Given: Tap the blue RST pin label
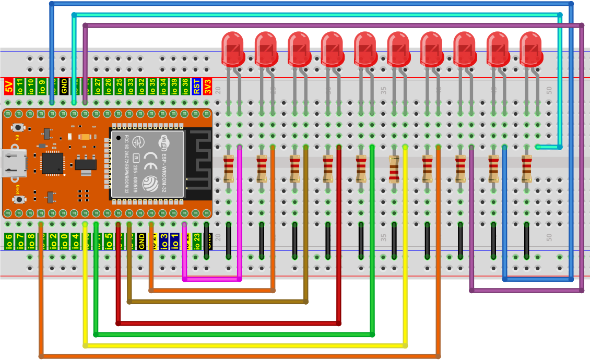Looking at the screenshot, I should point(196,86).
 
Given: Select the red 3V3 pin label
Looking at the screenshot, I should point(207,86).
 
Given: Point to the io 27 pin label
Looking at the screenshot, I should point(97,86).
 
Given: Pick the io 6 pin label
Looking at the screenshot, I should point(8,242).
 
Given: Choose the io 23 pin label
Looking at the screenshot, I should point(196,242).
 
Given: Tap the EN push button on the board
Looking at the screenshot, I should point(19,127).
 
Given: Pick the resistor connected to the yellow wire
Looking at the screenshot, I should point(394,169).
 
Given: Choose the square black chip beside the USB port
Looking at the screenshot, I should point(52,162).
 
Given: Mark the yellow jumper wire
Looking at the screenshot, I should point(245,345).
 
